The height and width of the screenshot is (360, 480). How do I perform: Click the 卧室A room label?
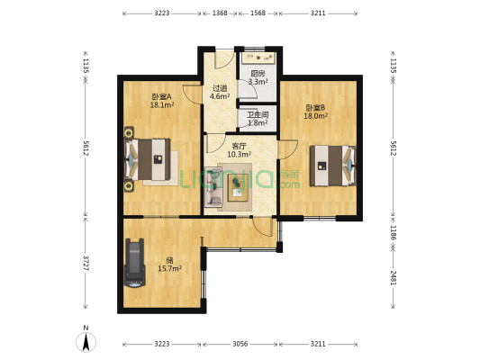pos(162,97)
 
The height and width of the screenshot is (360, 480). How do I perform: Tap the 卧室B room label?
pos(315,108)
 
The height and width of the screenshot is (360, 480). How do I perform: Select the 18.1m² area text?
pos(162,105)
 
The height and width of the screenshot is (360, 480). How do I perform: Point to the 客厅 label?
pos(239,146)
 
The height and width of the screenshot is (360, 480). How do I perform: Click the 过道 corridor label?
pos(220,88)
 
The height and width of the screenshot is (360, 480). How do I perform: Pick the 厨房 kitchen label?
pos(258,74)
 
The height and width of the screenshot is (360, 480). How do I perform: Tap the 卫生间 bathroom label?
pos(258,115)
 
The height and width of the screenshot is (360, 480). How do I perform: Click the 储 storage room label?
pos(169,260)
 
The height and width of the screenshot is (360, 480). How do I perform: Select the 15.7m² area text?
pos(169,269)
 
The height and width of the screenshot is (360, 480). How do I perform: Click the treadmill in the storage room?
pos(135,263)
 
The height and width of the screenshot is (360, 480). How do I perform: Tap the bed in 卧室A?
pos(148,159)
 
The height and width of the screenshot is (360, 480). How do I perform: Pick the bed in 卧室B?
pos(333,166)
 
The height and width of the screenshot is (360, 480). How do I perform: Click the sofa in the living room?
pos(213,187)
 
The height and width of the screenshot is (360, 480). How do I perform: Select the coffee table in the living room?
pos(238,187)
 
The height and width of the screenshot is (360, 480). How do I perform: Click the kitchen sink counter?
pos(258,58)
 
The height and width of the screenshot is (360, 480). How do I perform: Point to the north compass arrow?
pos(86,342)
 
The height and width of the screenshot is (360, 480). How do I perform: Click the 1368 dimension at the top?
pos(220,13)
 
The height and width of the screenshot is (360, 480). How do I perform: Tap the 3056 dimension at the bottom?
pos(240,344)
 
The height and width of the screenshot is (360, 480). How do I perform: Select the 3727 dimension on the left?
pos(86,263)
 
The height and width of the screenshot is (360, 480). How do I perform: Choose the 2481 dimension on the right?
pos(394,278)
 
